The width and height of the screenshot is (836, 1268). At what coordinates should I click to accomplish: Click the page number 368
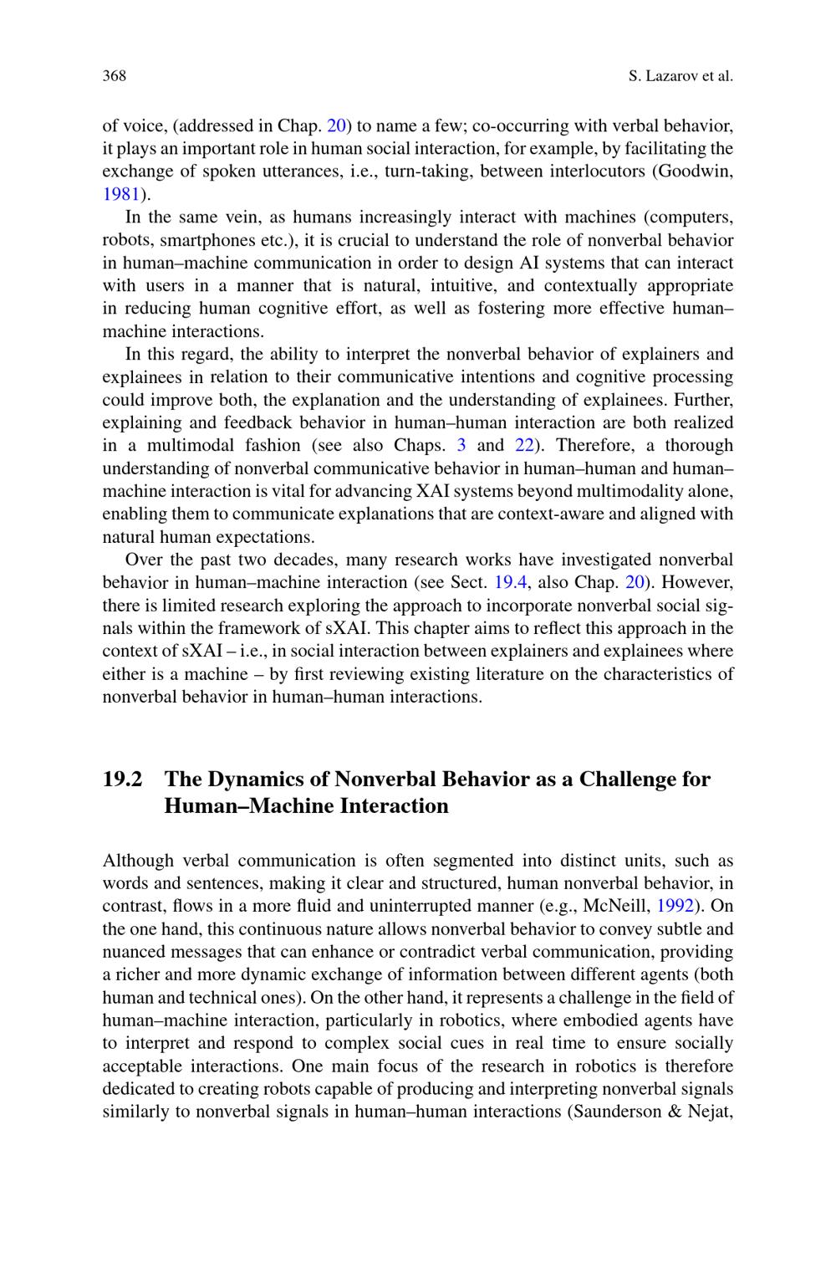[x=114, y=76]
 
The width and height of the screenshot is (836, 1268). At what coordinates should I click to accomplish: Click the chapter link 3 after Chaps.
[x=461, y=445]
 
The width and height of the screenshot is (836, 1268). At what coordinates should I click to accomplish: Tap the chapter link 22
[x=524, y=445]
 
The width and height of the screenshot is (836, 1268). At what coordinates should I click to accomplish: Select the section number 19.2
[x=122, y=780]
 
